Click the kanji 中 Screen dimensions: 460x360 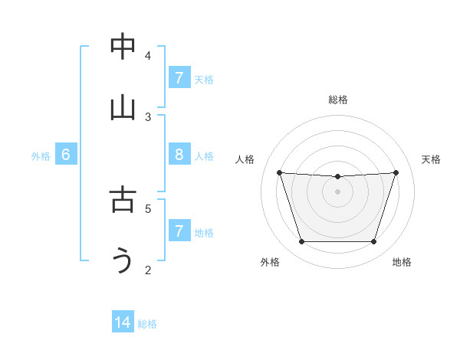coord(123,47)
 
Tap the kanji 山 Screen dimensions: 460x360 coord(123,107)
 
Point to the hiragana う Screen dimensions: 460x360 coord(123,261)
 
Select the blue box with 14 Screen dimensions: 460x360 coord(123,322)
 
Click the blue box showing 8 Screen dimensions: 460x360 coord(179,155)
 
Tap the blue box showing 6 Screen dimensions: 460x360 coord(66,155)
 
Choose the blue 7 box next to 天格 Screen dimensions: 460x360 coord(179,78)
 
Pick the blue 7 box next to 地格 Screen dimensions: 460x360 coord(179,231)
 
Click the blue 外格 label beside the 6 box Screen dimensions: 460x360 coord(41,156)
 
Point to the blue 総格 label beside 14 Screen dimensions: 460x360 coord(147,324)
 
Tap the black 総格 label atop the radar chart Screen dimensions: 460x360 coord(338,100)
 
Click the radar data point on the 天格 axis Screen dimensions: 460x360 coord(396,172)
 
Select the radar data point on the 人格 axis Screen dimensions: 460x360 coord(280,172)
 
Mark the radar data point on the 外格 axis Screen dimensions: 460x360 coord(301,242)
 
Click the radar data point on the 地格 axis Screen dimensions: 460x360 coord(374,242)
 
